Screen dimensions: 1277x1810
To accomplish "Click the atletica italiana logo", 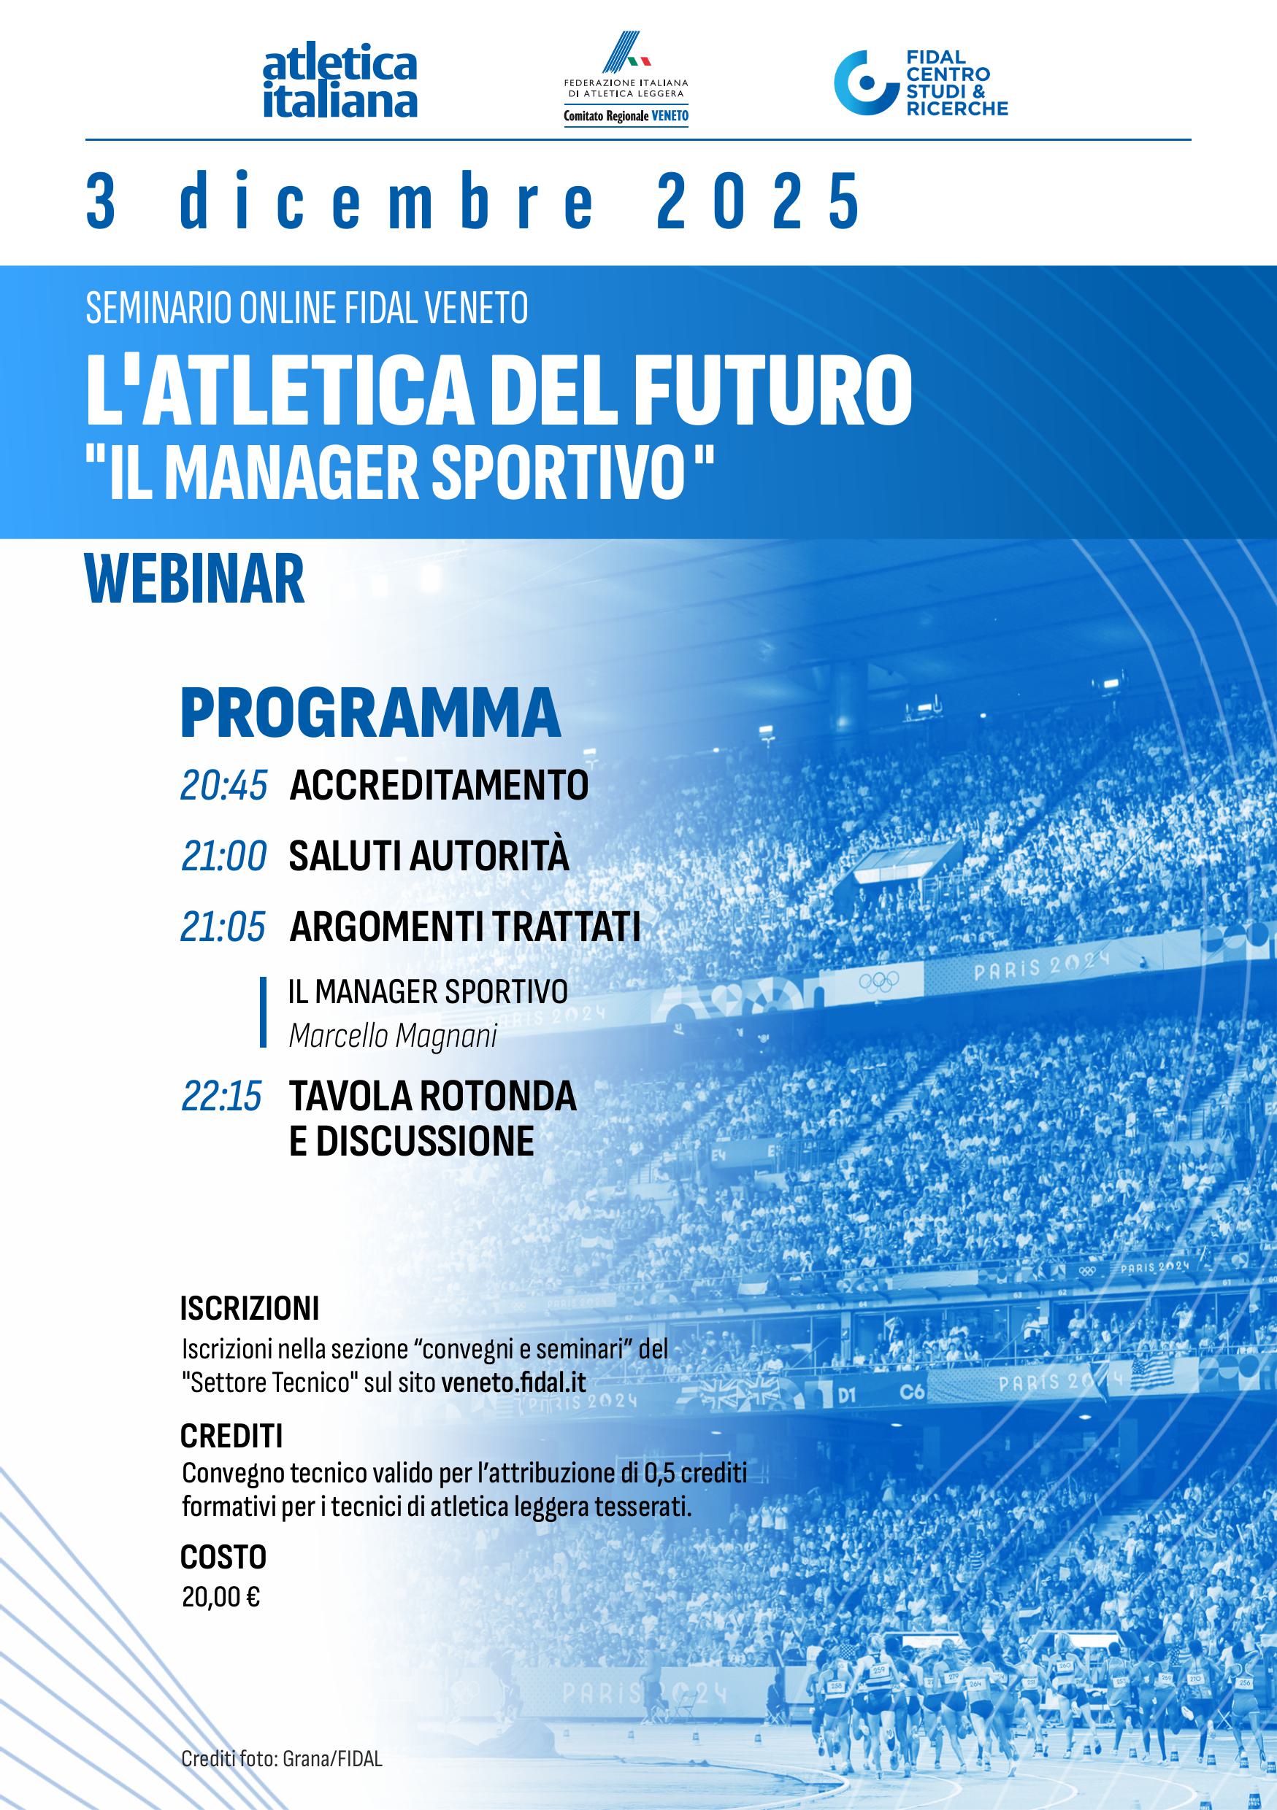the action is (340, 84).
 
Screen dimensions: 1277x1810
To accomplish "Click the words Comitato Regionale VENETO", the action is (626, 116).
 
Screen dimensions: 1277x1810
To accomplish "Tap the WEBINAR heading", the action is (195, 579).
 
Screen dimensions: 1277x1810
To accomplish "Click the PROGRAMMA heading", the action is (370, 713).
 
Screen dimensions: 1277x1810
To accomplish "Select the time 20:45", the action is (224, 785).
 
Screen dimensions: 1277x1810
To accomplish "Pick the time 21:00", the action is (224, 856).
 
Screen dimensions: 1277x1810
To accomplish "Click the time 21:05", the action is (223, 927).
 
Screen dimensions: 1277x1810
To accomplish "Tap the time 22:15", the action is (222, 1096).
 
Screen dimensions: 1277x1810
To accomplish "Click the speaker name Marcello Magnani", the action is (393, 1035).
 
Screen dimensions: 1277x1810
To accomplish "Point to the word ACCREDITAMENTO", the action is (440, 785).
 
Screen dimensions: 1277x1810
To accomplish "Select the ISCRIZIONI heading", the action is (249, 1310).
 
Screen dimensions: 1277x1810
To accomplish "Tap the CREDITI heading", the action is (231, 1437).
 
